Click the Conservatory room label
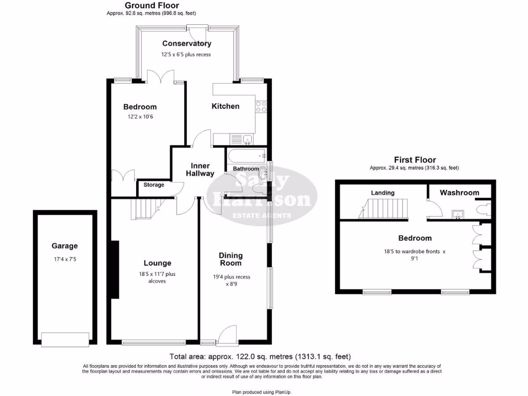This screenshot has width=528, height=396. (186, 44)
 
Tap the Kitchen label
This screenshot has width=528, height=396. (226, 106)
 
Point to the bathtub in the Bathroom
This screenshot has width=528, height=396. (245, 154)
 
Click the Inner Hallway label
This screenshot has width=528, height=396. (200, 170)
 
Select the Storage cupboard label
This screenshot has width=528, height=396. (154, 185)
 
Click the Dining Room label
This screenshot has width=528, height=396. (230, 259)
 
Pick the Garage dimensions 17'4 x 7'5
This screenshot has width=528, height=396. (64, 259)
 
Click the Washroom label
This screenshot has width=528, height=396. (459, 192)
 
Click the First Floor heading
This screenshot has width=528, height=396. (415, 160)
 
